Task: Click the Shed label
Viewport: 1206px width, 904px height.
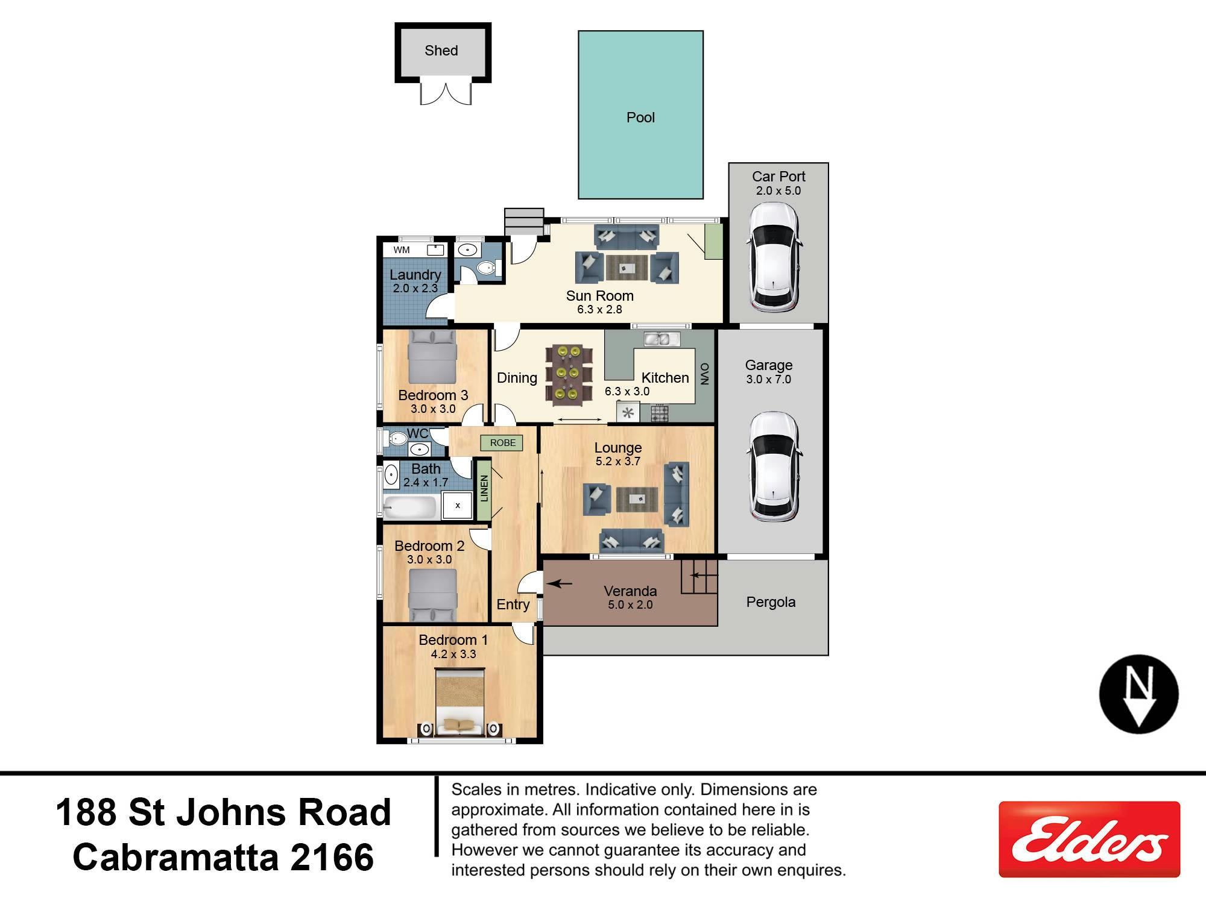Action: [x=441, y=51]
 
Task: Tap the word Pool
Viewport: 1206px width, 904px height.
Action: [x=640, y=118]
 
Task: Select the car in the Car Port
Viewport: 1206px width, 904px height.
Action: [x=774, y=257]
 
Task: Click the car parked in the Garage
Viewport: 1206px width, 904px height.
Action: [x=774, y=467]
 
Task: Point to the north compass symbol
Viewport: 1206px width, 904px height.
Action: [x=1138, y=694]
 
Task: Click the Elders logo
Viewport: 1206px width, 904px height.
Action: [x=1089, y=839]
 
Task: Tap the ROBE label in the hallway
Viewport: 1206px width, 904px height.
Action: [x=502, y=443]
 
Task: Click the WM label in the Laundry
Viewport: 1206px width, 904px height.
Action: [x=402, y=250]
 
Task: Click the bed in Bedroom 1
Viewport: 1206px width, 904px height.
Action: [x=459, y=704]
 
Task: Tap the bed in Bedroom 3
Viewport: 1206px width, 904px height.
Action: [x=432, y=358]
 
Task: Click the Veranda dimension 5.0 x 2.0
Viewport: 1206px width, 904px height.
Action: [x=630, y=605]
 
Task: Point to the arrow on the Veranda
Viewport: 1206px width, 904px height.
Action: [x=559, y=583]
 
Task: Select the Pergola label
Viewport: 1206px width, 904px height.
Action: [x=771, y=602]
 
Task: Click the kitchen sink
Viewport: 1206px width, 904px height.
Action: [x=662, y=339]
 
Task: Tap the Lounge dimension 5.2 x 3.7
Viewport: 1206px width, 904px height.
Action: [x=618, y=462]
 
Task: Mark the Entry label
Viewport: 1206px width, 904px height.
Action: [x=513, y=604]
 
